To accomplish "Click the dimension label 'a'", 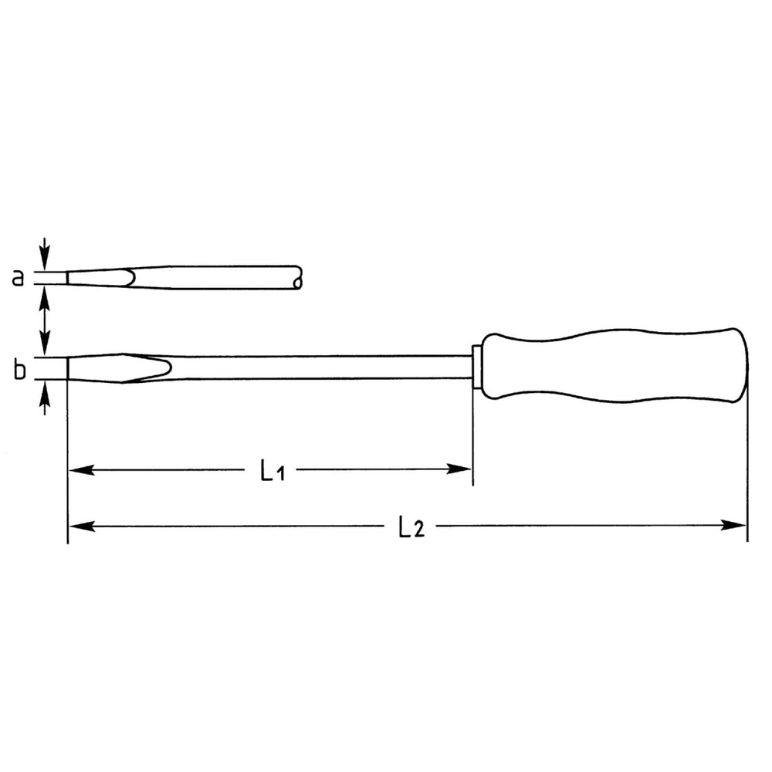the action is (18, 278).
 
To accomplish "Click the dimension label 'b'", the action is (19, 369).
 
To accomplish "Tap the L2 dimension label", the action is (411, 527).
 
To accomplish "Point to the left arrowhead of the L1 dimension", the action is (81, 469).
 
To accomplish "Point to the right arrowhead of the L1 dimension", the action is (459, 469).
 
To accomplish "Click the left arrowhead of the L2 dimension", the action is (82, 527).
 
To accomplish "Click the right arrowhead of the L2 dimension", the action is (733, 525).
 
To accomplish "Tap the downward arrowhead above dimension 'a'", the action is (45, 259).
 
